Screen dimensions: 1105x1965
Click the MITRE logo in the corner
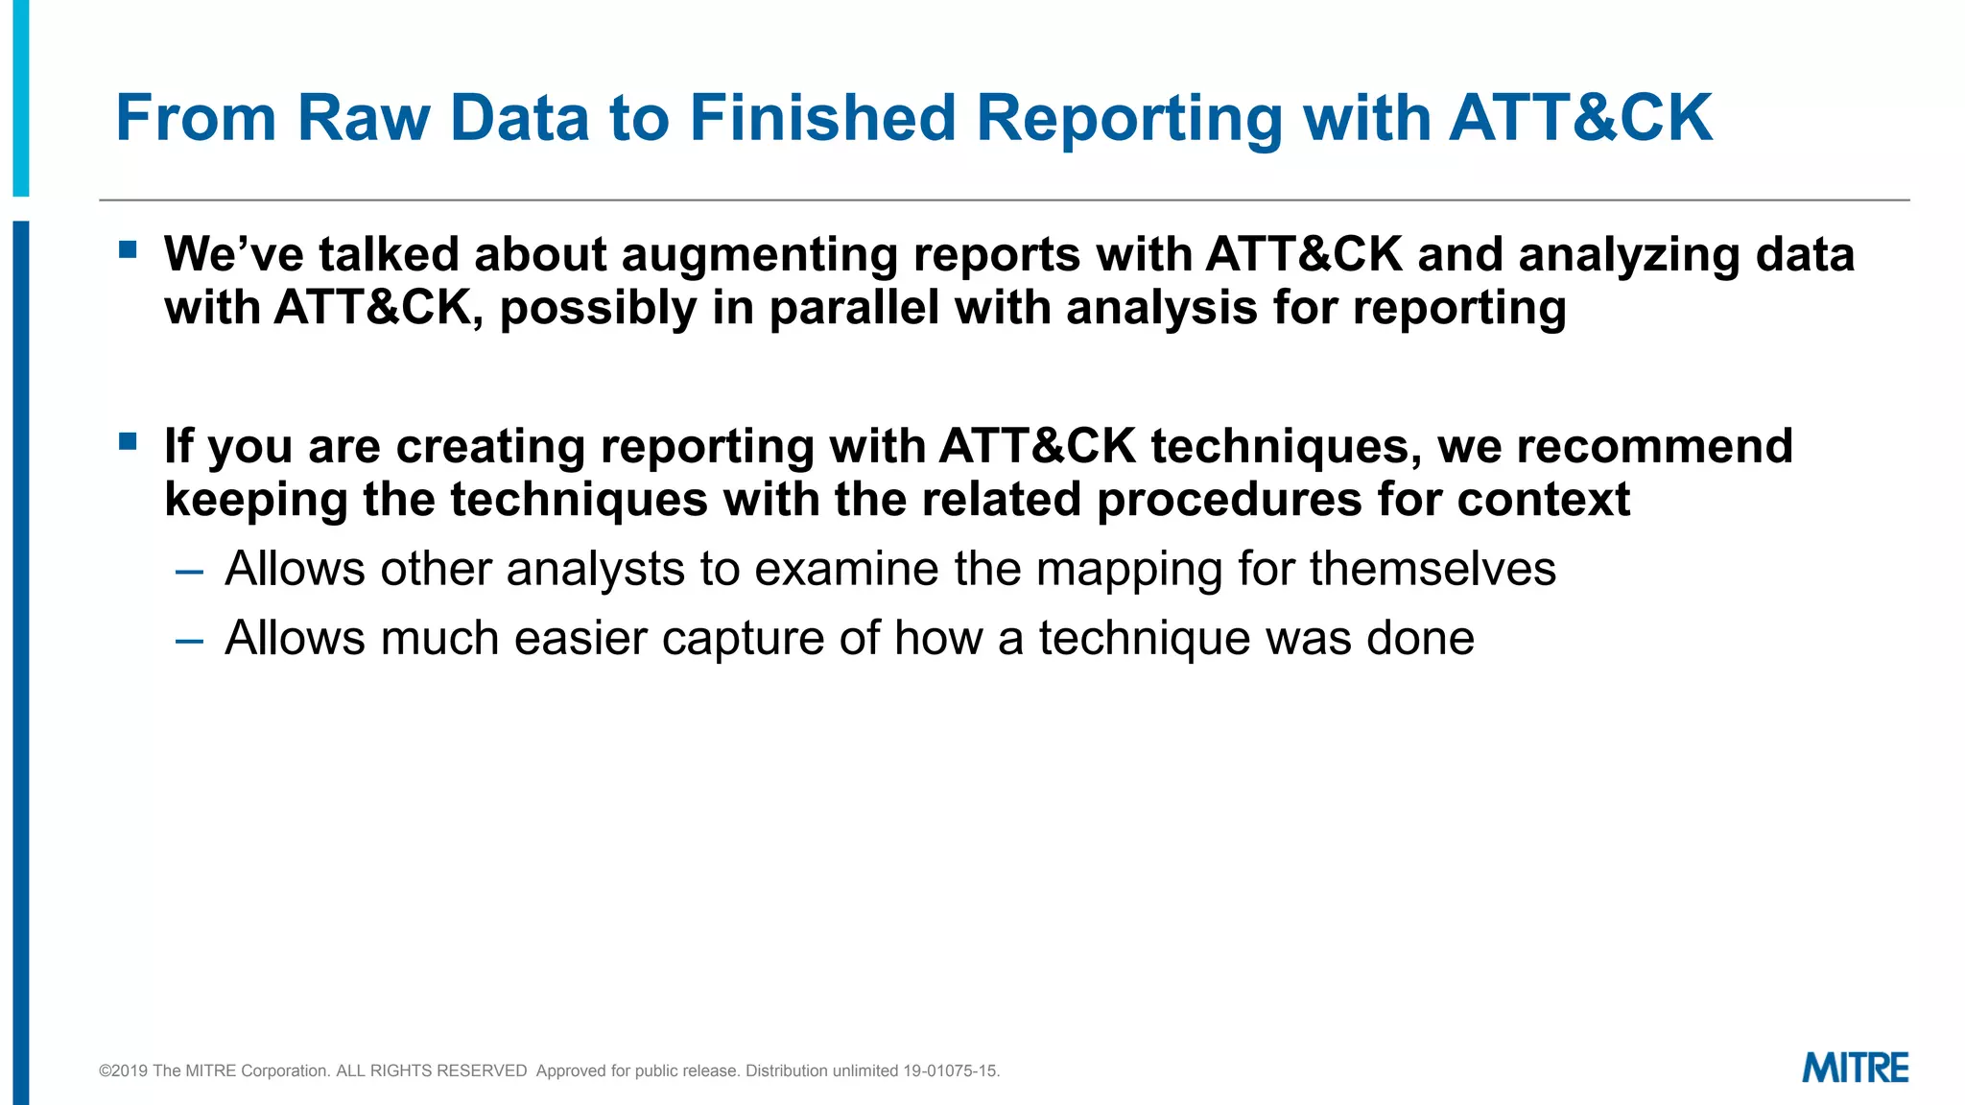coord(1855,1068)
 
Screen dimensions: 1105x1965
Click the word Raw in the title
coord(364,118)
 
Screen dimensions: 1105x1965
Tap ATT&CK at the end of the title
coord(1580,118)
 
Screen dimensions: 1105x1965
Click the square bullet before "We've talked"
coord(128,250)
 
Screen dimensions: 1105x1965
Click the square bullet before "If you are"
coord(128,442)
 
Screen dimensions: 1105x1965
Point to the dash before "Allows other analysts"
coord(190,572)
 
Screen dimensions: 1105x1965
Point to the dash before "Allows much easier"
coord(190,641)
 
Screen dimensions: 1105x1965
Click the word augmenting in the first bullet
coord(759,255)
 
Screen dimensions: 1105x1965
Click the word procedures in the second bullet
coord(1229,500)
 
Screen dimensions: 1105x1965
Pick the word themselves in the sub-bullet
coord(1432,569)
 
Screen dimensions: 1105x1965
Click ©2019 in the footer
coord(123,1070)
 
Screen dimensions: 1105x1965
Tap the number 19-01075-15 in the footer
coord(950,1070)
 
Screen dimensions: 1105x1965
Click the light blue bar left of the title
coord(20,96)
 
